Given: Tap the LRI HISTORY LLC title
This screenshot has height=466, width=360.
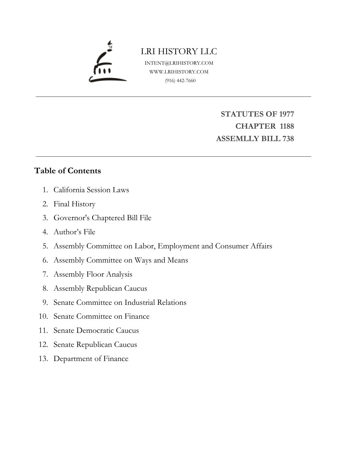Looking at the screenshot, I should (179, 51).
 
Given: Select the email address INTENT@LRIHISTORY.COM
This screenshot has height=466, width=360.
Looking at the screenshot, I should (179, 63).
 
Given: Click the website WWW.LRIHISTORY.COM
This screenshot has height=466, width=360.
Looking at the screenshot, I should (179, 72).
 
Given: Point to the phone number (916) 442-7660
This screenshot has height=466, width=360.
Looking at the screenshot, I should (180, 80).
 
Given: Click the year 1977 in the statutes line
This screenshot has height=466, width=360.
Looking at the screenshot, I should (286, 114).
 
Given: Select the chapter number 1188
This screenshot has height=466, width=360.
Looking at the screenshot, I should (287, 126).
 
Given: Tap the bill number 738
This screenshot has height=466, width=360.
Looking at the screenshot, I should (288, 139).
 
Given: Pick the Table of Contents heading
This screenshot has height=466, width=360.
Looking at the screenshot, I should (67, 171).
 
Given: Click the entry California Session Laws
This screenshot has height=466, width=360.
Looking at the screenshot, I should (91, 190).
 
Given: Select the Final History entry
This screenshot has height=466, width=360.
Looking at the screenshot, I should (74, 204).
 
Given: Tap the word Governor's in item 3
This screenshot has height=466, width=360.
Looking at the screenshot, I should (72, 218).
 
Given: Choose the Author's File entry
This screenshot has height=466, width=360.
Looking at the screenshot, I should (74, 232).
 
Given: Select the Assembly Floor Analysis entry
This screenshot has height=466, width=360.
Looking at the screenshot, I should (93, 274).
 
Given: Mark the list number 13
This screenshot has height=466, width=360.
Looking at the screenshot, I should (43, 358).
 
